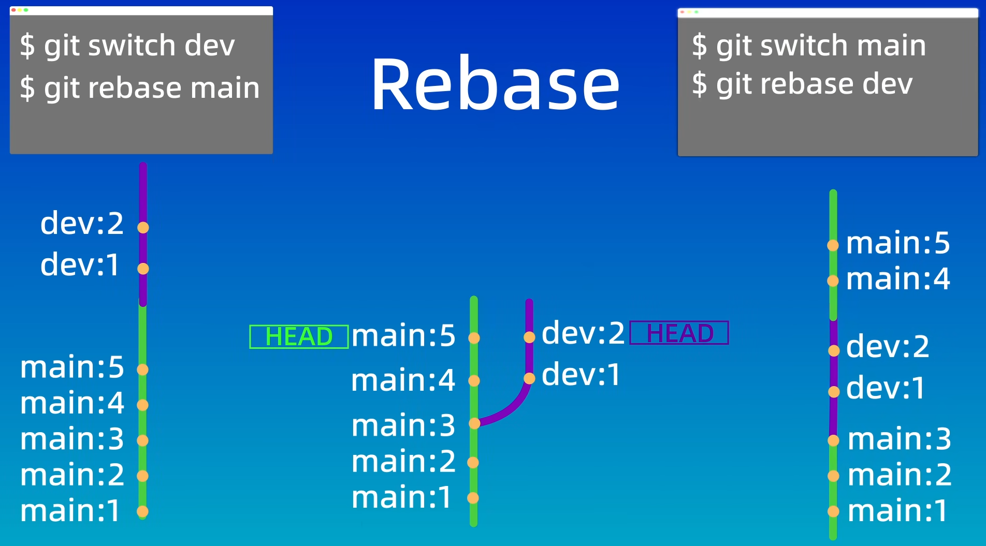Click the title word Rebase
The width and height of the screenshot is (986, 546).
click(x=496, y=84)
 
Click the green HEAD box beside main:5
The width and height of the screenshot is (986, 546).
click(x=299, y=336)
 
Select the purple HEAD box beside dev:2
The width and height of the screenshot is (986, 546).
click(x=679, y=333)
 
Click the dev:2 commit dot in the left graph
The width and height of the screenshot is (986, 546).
click(x=143, y=227)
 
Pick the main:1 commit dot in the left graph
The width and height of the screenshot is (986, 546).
click(x=142, y=511)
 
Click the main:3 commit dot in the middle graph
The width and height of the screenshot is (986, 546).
click(x=474, y=423)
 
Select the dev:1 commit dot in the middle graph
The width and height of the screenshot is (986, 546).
click(x=529, y=378)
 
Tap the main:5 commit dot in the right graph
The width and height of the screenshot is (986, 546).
click(x=833, y=245)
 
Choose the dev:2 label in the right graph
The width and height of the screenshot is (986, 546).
click(x=888, y=346)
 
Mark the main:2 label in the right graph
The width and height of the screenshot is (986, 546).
click(x=900, y=475)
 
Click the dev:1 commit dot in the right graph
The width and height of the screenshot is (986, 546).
click(x=834, y=392)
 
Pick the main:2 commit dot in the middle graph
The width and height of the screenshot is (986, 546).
click(x=473, y=462)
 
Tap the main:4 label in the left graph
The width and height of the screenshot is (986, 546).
click(x=72, y=403)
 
